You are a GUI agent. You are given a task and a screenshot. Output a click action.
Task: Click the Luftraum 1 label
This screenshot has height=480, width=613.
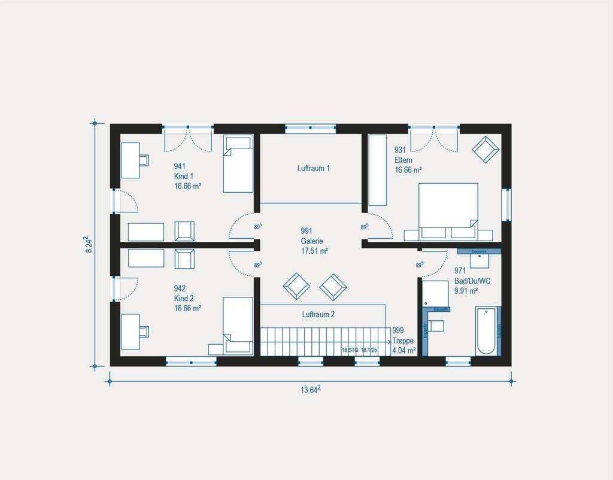pos(314,169)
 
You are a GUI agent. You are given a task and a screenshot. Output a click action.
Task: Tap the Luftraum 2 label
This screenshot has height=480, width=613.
pos(318,314)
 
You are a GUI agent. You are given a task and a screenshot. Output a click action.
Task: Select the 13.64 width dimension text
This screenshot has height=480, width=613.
pos(310,390)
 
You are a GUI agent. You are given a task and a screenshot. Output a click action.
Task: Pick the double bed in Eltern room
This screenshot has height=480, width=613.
pos(448,206)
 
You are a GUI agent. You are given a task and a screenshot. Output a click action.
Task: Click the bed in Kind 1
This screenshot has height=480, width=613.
pos(238,164)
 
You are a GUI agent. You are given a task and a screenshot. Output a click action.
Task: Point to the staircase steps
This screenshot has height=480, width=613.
pos(323,341)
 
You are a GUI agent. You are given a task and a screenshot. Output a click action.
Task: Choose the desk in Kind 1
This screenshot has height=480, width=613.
pos(130,160)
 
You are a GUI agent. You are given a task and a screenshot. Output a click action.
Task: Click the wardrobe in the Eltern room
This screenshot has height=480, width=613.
pos(377,170)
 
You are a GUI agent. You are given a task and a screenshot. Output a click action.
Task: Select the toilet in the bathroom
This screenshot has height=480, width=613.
pos(436,326)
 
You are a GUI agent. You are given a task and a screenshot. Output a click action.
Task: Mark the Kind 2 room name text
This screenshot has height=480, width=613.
pos(184,298)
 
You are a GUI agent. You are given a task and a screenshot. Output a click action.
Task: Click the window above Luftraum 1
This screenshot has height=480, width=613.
pos(310,127)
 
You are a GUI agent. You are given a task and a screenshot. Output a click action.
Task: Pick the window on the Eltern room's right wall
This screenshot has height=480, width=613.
pos(506,205)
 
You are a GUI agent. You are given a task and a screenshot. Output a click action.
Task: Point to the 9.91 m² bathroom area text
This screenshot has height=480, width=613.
pos(465,291)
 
